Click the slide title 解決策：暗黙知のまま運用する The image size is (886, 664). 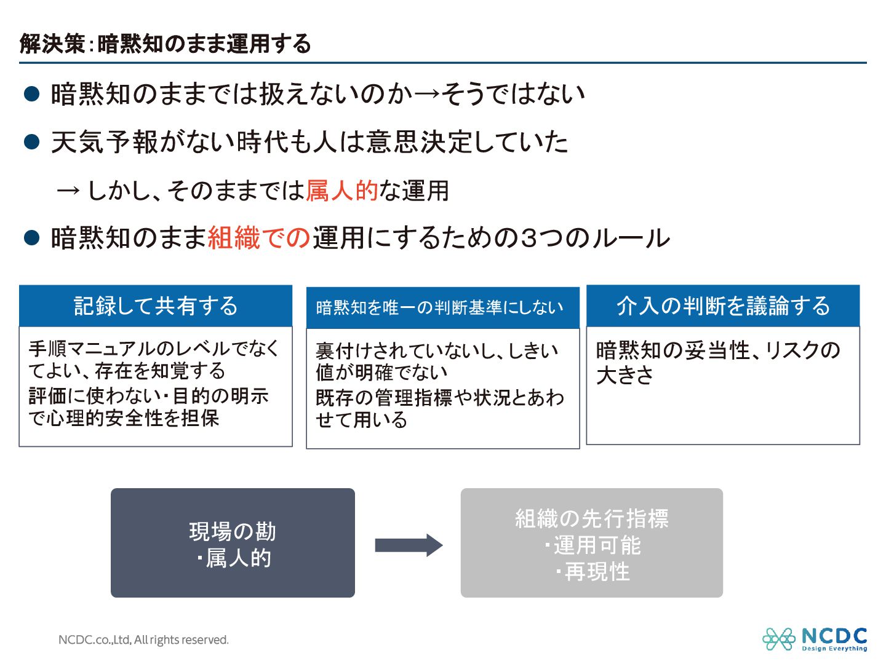point(165,44)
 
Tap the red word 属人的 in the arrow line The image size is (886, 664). point(342,191)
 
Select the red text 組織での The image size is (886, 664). point(258,238)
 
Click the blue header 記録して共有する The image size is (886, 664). point(156,306)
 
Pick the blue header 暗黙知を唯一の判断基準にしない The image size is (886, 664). point(440,307)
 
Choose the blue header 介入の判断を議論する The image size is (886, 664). point(723,306)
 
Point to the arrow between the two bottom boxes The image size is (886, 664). point(409,545)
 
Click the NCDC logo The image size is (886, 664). point(815,639)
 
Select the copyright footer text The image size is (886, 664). point(143,639)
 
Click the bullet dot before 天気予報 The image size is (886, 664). point(31,142)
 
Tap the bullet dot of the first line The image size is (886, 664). point(31,94)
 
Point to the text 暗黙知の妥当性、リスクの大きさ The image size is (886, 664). point(717,362)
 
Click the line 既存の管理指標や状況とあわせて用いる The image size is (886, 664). point(439,409)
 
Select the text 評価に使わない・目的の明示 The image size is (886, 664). point(149,397)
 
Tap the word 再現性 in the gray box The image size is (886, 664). point(597,572)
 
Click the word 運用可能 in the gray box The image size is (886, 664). point(597,545)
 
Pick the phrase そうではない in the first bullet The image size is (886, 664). point(513,94)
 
